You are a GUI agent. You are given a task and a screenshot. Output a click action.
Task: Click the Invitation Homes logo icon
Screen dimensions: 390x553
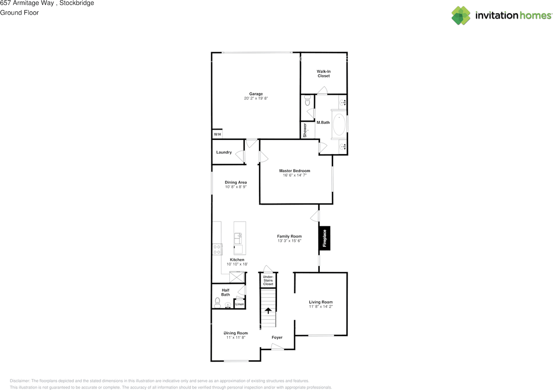point(461,16)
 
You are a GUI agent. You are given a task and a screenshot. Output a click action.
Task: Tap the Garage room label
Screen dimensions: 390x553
point(256,94)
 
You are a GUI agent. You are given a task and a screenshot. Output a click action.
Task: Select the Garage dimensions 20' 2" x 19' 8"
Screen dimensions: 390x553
point(256,98)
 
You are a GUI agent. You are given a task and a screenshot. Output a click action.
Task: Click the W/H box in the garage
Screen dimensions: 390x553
point(217,134)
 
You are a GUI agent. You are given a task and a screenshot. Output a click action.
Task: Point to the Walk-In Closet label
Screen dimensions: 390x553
point(324,73)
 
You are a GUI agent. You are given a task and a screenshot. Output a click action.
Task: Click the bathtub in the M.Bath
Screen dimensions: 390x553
point(339,125)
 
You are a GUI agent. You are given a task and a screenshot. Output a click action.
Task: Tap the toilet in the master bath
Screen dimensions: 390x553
point(307,101)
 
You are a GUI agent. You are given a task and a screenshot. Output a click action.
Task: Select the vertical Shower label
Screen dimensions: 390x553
point(305,130)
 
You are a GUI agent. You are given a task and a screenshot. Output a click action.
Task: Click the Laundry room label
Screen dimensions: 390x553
point(224,152)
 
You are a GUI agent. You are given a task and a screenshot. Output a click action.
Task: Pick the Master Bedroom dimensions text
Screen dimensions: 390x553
point(295,175)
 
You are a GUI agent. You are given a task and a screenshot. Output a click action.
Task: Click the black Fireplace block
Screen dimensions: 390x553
point(324,238)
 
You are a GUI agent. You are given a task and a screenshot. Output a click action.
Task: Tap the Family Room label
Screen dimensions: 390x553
point(289,236)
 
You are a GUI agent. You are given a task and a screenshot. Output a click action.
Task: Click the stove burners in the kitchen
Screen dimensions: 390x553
point(217,249)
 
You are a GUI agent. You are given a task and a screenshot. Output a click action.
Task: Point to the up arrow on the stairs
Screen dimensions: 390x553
point(268,310)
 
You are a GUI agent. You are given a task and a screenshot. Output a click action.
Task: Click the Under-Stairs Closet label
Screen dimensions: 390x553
point(268,280)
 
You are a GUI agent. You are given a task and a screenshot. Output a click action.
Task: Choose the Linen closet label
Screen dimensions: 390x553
point(239,304)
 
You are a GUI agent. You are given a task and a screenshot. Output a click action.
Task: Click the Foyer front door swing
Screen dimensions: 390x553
point(276,346)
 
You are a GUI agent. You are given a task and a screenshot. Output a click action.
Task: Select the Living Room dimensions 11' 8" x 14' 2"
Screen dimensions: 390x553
point(321,307)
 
